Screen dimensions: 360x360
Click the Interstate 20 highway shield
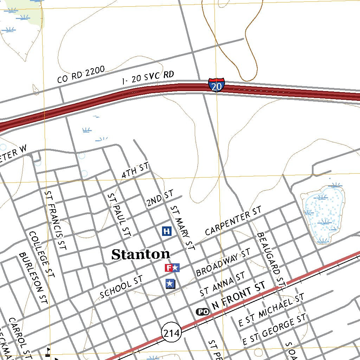217,85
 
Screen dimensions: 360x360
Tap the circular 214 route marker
172,333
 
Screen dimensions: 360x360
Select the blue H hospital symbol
167,231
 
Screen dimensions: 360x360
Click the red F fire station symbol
169,268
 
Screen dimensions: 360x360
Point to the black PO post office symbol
202,311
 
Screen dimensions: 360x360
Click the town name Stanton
141,254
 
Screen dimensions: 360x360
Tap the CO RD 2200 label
81,75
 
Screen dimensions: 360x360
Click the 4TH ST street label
135,170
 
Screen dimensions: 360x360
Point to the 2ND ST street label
160,198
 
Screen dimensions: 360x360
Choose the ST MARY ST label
182,228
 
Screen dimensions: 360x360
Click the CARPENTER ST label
233,221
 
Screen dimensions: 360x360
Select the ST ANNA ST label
222,284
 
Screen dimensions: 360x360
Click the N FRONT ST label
239,297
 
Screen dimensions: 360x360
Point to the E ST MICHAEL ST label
271,311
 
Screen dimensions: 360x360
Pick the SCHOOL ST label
121,287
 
